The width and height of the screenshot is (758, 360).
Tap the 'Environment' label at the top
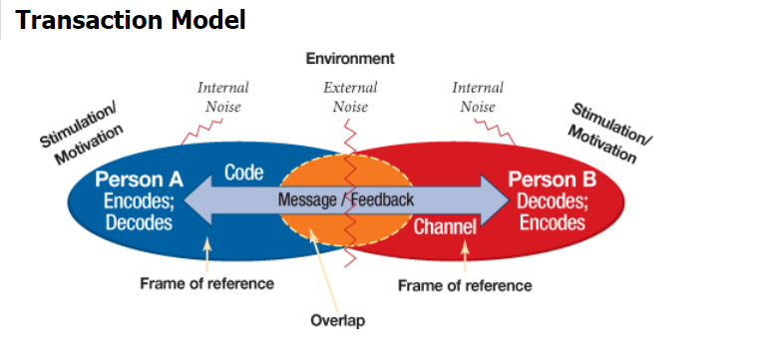point(349,59)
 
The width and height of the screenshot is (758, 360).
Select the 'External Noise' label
point(350,97)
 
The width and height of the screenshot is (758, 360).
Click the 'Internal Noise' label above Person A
point(223,97)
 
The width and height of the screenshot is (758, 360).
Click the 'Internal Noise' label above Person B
point(478,97)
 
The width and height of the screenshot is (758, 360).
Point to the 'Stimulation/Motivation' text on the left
point(83,135)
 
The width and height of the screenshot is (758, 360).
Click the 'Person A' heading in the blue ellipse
point(140,180)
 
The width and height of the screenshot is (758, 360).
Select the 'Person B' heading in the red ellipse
point(552,180)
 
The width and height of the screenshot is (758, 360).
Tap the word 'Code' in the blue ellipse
point(243,173)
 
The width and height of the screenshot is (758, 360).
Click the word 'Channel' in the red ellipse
point(445,226)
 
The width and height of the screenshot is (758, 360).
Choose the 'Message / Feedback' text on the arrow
point(345,199)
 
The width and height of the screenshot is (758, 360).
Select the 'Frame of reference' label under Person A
point(206,283)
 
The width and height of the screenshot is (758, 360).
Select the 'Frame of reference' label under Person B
point(465,285)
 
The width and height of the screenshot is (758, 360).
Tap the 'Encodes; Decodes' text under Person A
point(140,211)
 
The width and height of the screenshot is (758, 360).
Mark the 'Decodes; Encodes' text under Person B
point(552,211)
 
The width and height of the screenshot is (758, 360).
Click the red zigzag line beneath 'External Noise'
point(350,140)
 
